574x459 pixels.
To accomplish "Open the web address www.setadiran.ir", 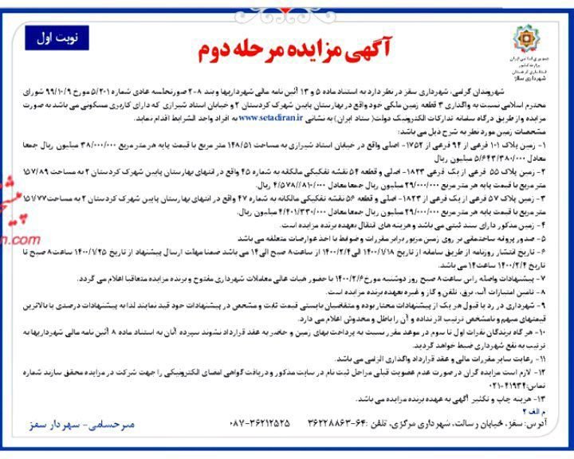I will [x=272, y=116].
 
